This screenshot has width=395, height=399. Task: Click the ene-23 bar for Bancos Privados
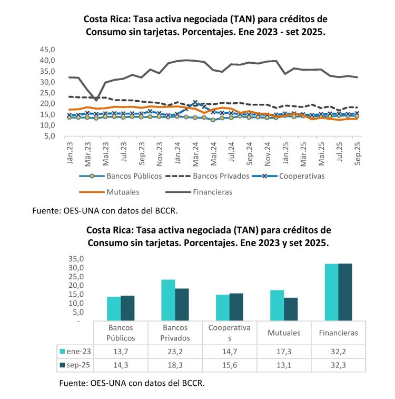167,299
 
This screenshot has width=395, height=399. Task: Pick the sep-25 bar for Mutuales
291,309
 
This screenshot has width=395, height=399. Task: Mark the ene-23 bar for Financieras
331,291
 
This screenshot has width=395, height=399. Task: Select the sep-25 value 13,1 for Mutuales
283,364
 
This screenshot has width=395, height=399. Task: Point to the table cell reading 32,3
338,364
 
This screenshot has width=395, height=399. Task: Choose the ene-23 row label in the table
77,351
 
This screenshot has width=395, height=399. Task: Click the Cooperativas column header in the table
230,333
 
